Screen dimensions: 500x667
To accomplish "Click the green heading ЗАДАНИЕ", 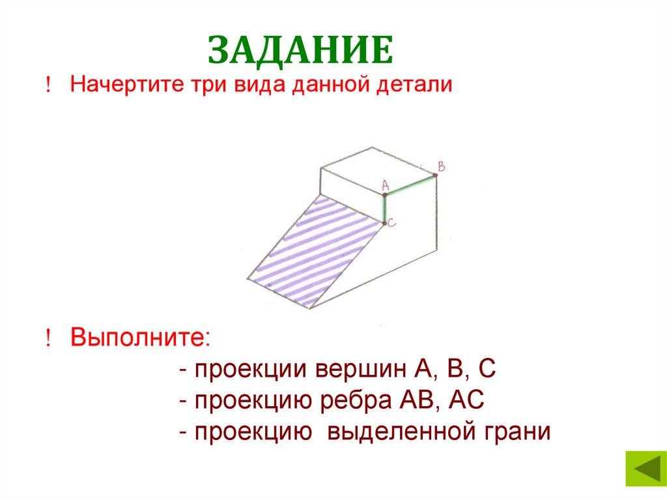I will (300, 51).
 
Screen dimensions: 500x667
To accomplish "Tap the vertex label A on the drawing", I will (385, 184).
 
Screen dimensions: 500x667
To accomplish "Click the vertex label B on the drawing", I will (441, 167).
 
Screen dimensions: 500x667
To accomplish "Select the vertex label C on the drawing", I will (392, 223).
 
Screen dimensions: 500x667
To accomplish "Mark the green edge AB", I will (410, 184).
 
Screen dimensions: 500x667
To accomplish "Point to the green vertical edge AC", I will (385, 208).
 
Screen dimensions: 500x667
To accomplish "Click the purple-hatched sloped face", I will (313, 251).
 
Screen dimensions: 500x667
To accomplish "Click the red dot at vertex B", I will (434, 175).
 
